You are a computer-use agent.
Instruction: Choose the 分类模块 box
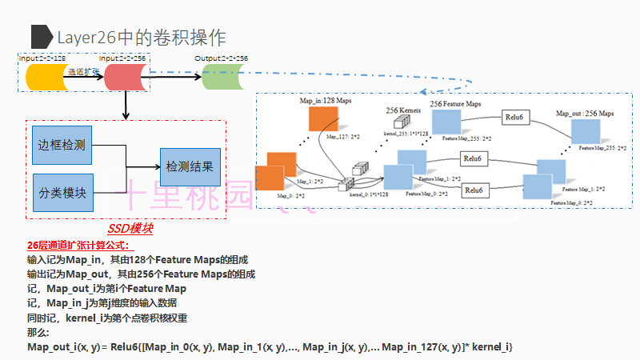(62, 193)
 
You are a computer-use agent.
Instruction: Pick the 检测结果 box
(190, 168)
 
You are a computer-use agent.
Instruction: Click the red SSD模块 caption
(130, 229)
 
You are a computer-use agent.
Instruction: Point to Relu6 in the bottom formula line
(126, 346)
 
